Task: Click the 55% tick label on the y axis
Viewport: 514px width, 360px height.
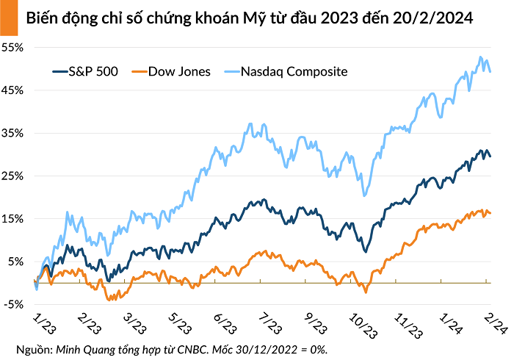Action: click(15, 47)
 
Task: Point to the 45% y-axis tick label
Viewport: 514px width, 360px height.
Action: click(15, 90)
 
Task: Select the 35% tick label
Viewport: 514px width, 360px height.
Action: click(15, 133)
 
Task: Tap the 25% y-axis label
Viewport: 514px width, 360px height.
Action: click(15, 176)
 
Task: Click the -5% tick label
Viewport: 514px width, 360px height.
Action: click(15, 304)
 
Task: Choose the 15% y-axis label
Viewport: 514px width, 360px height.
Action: click(15, 219)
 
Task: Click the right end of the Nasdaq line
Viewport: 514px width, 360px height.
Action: click(491, 71)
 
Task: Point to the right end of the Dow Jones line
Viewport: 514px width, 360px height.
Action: click(491, 213)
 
